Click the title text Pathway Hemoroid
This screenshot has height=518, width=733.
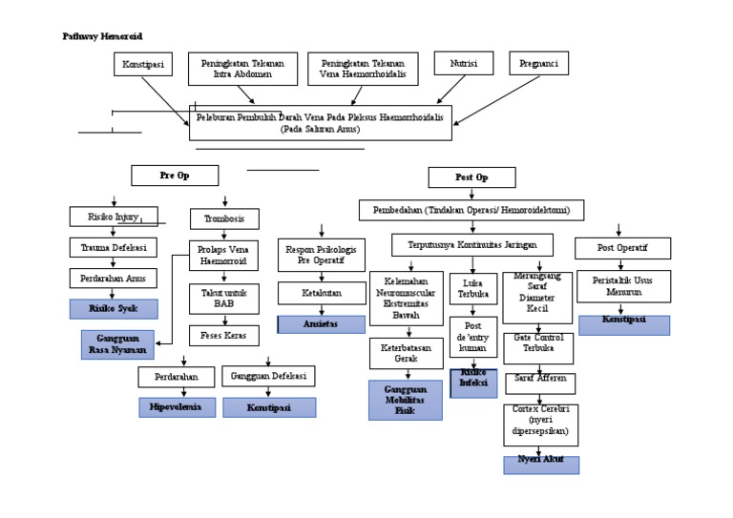[x=102, y=35]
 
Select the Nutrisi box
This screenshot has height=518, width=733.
[x=463, y=64]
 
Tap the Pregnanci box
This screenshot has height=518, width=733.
[x=539, y=64]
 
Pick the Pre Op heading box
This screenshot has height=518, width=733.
[x=175, y=176]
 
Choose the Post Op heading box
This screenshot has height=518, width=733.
[x=471, y=177]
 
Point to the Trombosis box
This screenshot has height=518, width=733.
[x=224, y=218]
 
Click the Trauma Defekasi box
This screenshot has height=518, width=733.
[x=114, y=248]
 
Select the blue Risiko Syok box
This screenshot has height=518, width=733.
[x=114, y=308]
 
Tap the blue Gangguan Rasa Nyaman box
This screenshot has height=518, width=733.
[x=117, y=343]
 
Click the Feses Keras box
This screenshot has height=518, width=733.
[x=224, y=335]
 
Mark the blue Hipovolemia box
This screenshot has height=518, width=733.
[x=176, y=407]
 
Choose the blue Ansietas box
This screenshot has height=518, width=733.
[x=321, y=323]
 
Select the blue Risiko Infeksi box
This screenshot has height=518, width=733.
[x=473, y=382]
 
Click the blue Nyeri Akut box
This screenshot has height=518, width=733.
[x=541, y=465]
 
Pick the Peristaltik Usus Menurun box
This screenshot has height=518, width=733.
[x=623, y=286]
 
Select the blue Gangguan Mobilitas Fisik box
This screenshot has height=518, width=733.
[x=406, y=399]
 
